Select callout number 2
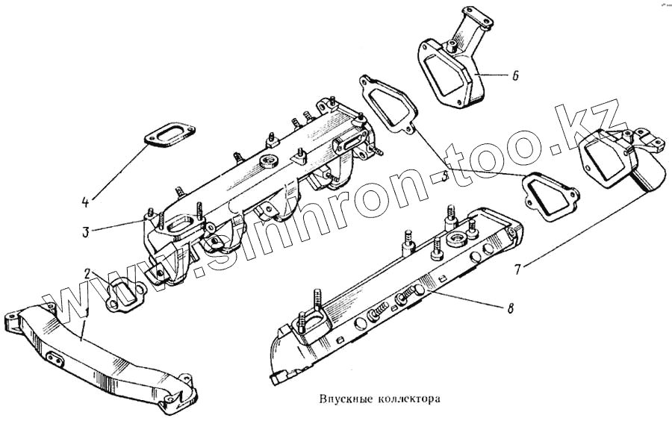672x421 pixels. [x=87, y=272]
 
